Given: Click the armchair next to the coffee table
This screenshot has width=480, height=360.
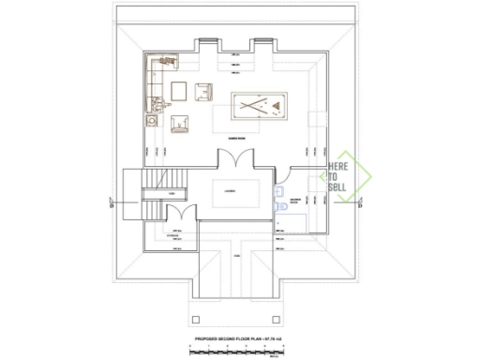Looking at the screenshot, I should tap(202, 91).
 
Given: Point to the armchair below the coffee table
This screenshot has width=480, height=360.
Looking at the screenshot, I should tap(180, 120).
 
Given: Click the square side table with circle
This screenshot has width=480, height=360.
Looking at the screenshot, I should tap(150, 119).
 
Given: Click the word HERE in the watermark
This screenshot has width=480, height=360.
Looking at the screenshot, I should tap(337, 166).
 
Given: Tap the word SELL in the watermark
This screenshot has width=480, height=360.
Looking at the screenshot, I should tap(337, 187).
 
